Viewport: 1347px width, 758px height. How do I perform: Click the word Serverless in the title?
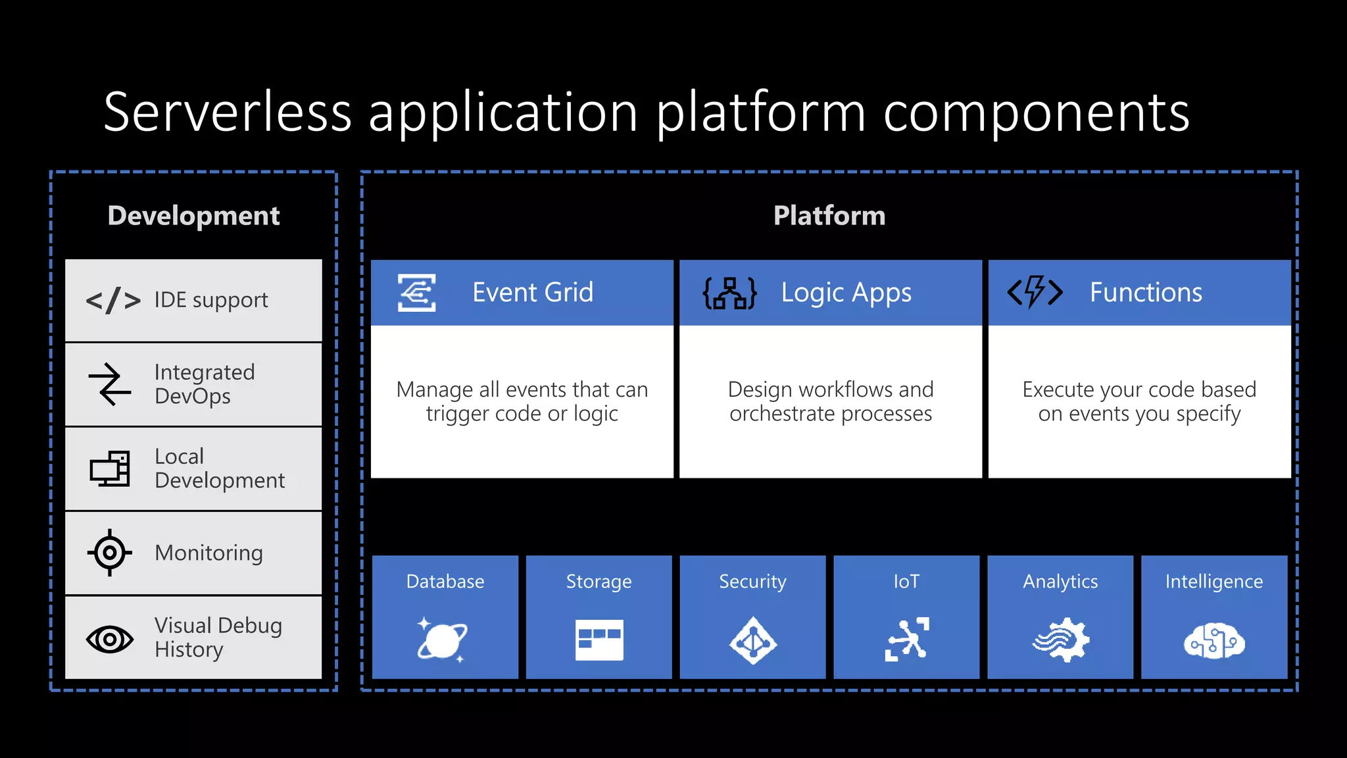(x=228, y=112)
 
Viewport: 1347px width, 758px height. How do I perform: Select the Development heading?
(x=193, y=216)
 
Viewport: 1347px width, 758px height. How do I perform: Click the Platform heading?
(x=829, y=216)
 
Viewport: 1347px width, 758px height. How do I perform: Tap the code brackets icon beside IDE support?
(x=113, y=301)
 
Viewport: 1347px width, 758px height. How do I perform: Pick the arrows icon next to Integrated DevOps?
(x=110, y=384)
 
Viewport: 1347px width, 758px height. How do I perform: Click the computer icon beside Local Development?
(x=110, y=468)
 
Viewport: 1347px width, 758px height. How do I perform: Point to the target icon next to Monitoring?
(x=109, y=553)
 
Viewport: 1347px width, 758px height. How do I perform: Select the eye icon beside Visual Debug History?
(x=110, y=639)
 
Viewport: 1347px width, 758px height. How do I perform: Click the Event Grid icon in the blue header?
(x=416, y=293)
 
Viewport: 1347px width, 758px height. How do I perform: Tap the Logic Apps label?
(x=846, y=293)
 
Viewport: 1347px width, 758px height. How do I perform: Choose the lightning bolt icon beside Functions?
(x=1035, y=292)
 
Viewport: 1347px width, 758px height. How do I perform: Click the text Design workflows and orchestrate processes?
(x=830, y=401)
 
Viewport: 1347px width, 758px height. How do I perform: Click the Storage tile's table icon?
(x=599, y=640)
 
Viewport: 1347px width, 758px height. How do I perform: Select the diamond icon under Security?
(x=752, y=640)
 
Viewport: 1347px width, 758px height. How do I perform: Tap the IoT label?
(x=906, y=582)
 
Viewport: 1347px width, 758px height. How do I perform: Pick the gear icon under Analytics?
(x=1061, y=640)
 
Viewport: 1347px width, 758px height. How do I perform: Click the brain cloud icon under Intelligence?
(x=1214, y=641)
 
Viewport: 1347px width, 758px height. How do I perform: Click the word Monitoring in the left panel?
(x=208, y=553)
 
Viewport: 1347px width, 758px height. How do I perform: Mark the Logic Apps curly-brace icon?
(x=729, y=293)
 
